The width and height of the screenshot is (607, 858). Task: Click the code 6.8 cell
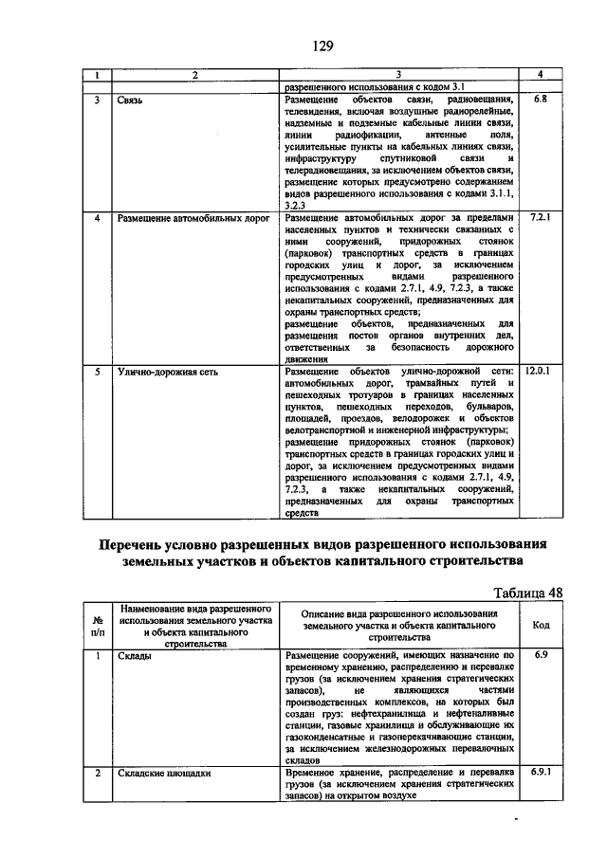(x=540, y=99)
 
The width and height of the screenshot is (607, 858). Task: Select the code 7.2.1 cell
(x=540, y=217)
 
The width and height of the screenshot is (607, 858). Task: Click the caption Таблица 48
(x=529, y=593)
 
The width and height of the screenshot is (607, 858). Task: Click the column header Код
(x=541, y=626)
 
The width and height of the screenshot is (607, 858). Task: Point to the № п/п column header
(x=97, y=626)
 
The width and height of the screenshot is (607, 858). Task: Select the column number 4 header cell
(x=540, y=74)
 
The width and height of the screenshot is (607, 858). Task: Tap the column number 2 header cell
(x=194, y=74)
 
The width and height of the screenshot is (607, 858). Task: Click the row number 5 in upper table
(x=97, y=371)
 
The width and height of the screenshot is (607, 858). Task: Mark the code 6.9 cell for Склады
(x=541, y=655)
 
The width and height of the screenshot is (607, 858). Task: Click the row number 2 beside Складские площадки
(x=97, y=773)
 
